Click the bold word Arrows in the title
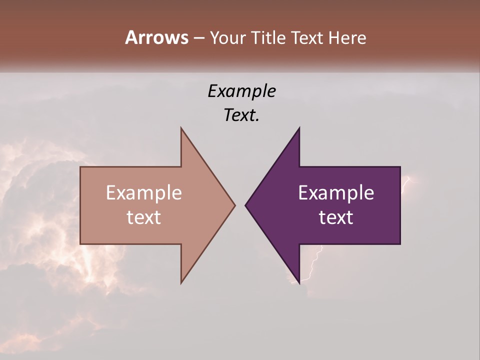(x=156, y=37)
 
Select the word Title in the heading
(x=270, y=38)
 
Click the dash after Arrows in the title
(x=198, y=38)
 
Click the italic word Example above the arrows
(x=241, y=91)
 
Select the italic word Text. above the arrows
(x=241, y=115)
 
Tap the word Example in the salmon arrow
(x=144, y=192)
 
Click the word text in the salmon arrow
(x=144, y=217)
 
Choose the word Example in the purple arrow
(x=336, y=192)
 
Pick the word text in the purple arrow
(x=336, y=217)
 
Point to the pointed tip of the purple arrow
(x=246, y=205)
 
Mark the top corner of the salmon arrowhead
(x=181, y=128)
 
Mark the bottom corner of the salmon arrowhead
(x=181, y=282)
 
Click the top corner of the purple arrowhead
(x=299, y=128)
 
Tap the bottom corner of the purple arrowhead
(x=299, y=282)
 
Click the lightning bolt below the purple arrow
(x=312, y=265)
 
